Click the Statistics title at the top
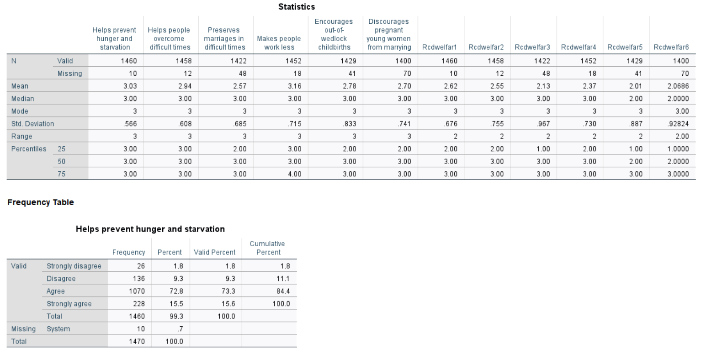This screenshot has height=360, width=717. click(x=296, y=7)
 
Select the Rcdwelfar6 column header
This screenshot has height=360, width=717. click(x=671, y=47)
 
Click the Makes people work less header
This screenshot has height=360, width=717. click(x=279, y=43)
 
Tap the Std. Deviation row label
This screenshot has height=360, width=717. click(x=32, y=124)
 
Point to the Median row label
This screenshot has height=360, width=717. click(x=23, y=99)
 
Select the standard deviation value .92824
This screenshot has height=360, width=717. click(x=678, y=124)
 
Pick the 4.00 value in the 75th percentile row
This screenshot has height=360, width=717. click(x=295, y=174)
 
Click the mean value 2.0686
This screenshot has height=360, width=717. click(x=679, y=86)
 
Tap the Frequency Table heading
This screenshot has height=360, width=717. click(x=41, y=202)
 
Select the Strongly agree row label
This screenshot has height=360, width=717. click(x=69, y=304)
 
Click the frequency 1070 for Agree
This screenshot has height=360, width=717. click(x=137, y=291)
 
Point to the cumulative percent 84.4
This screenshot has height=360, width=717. click(x=283, y=291)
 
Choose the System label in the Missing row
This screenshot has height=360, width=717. click(x=58, y=329)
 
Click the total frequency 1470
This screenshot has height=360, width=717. click(x=137, y=341)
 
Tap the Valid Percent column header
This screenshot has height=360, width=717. click(x=214, y=252)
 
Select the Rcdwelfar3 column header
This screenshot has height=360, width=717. click(x=532, y=47)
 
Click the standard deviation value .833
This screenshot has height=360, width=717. click(x=350, y=124)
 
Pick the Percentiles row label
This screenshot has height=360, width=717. click(x=29, y=149)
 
